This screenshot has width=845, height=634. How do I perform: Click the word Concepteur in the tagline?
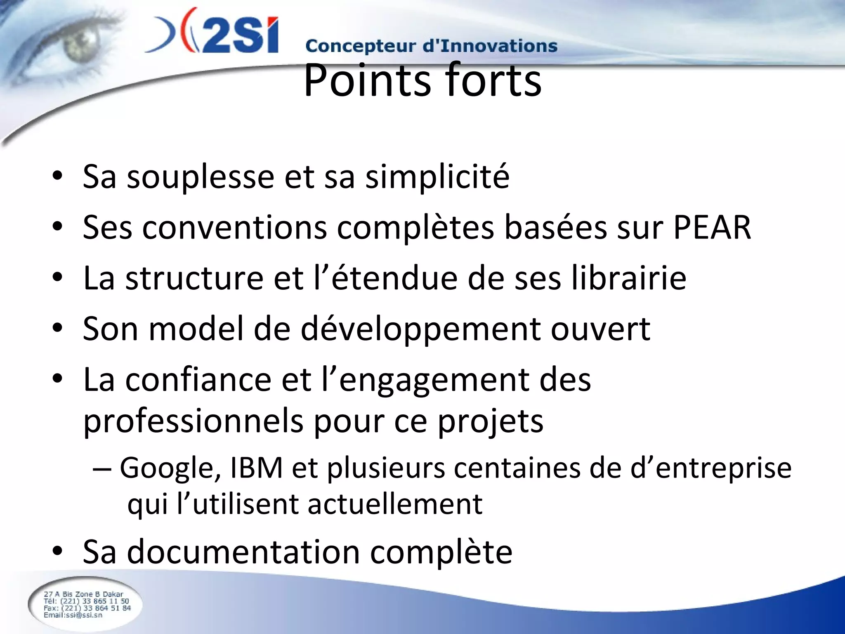click(360, 47)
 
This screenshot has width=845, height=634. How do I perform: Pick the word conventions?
click(235, 228)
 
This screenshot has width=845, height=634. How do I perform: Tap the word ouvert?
click(600, 329)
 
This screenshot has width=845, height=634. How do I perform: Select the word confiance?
click(198, 380)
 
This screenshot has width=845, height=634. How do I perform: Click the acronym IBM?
click(256, 468)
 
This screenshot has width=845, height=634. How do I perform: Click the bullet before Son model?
click(57, 329)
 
